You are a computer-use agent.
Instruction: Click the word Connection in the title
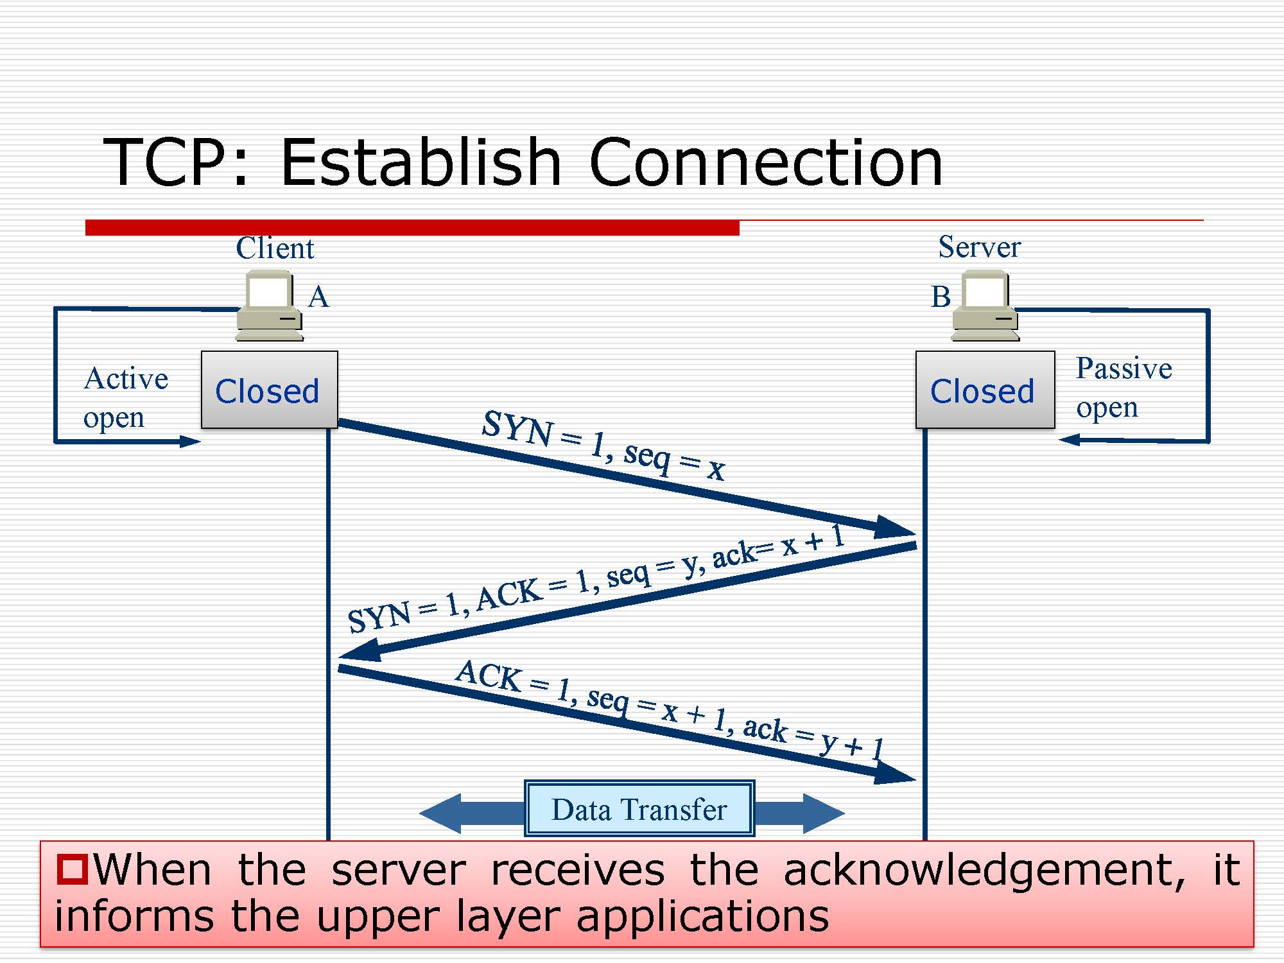(x=765, y=163)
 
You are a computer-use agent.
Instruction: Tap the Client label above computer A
(x=275, y=248)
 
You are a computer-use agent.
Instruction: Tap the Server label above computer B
(x=979, y=247)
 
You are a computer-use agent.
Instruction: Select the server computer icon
(x=985, y=306)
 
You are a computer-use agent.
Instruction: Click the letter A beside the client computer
(x=318, y=297)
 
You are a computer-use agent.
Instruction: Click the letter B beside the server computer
(x=941, y=297)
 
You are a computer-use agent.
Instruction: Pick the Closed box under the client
(x=269, y=390)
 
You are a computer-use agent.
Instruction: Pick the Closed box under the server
(x=984, y=390)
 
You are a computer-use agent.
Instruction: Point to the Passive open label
(x=1123, y=387)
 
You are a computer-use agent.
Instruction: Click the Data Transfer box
(x=639, y=809)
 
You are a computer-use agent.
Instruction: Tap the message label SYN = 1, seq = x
(x=603, y=445)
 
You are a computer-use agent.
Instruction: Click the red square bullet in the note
(x=71, y=869)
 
